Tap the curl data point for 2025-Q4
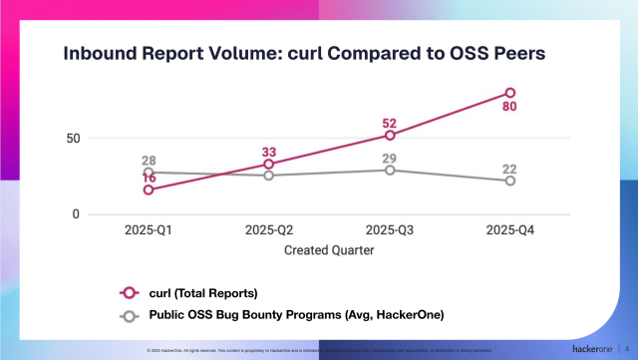[x=509, y=93]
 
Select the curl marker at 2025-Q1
[x=149, y=189]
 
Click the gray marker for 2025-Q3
[x=389, y=170]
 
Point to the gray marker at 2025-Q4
[x=509, y=180]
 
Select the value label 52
[x=389, y=124]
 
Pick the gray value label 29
[x=389, y=159]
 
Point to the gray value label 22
[x=509, y=169]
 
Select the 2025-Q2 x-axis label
[x=269, y=230]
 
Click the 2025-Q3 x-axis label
[x=389, y=230]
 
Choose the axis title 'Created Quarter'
[x=328, y=250]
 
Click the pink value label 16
[x=149, y=178]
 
